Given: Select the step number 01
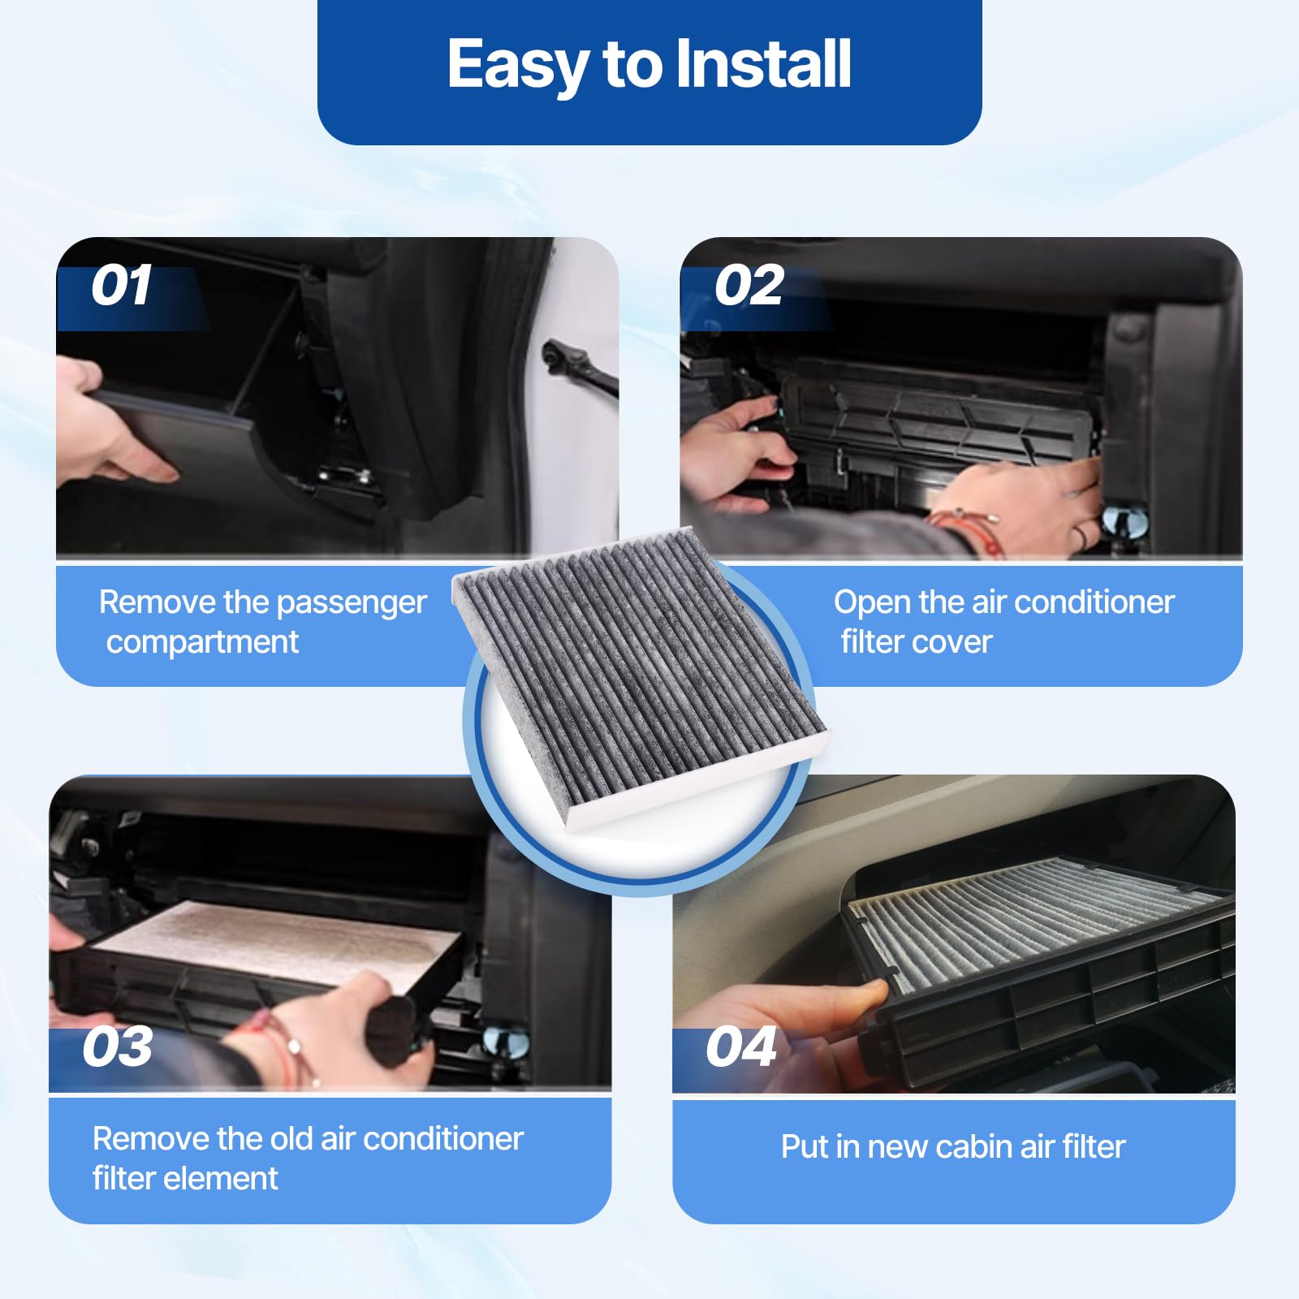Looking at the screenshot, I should click(121, 286).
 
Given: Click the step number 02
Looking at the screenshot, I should click(749, 286).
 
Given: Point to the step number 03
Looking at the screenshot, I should click(118, 1047).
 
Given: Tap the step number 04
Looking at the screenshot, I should click(740, 1047).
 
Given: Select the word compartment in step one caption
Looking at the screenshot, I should click(202, 642).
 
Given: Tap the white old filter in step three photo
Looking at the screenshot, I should click(276, 938).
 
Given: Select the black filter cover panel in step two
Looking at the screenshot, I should click(934, 414).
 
